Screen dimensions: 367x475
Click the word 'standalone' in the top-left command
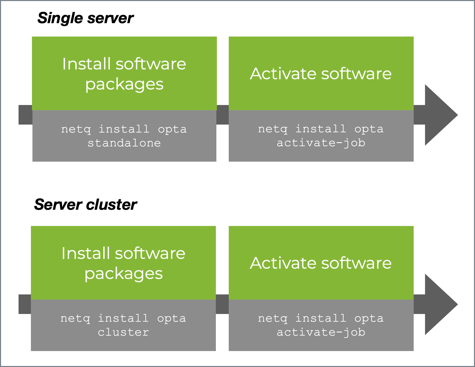tap(124, 143)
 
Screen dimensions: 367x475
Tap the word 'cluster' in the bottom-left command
tap(123, 332)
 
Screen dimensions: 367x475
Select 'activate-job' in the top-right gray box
tap(321, 143)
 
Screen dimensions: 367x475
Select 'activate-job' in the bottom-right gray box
tap(321, 332)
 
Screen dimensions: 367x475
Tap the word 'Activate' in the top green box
tap(283, 74)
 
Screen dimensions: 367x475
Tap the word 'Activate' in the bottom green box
tap(283, 263)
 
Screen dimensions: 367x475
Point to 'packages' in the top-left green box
tap(124, 84)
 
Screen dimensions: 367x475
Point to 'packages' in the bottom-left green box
tap(124, 274)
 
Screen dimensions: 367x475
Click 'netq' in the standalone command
tap(76, 129)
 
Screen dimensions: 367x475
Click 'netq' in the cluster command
tap(75, 319)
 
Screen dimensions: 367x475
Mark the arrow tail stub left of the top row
tap(25, 115)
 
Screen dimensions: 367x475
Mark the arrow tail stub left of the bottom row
tap(25, 304)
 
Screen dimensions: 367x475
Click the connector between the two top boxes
tap(223, 115)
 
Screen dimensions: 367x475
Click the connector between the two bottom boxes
tap(222, 304)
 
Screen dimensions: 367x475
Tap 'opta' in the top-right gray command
tap(369, 129)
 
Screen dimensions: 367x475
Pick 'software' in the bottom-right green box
tap(357, 263)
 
